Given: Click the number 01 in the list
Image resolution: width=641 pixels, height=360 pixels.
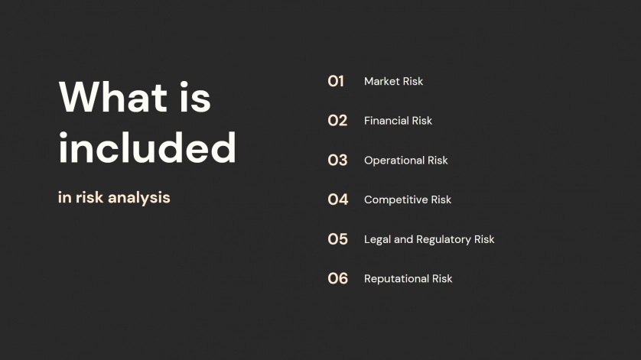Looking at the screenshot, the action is tap(336, 81).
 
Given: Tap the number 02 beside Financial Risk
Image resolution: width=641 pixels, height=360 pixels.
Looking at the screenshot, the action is tap(337, 121).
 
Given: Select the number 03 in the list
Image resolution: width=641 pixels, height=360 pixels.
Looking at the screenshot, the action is tap(337, 161).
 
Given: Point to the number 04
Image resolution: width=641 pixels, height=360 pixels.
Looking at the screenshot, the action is tap(337, 199).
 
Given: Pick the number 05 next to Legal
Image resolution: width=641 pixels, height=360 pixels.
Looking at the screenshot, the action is tap(337, 239).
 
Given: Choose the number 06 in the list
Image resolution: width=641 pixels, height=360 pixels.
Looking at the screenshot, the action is tap(337, 279).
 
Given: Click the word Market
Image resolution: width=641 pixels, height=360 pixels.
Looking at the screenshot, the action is tap(382, 81).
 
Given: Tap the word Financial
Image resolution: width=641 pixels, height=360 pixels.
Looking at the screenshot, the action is tap(386, 121).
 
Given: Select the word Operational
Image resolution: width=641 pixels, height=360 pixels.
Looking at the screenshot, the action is tap(394, 161).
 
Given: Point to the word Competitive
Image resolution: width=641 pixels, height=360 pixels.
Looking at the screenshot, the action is tap(395, 199).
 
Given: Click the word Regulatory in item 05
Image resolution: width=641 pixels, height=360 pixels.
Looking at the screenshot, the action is tap(443, 239).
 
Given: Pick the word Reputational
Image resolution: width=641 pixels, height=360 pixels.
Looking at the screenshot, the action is tap(396, 279).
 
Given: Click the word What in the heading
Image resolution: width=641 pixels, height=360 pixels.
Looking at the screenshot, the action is tap(113, 97).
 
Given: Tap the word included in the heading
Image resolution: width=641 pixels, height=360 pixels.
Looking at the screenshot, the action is tap(147, 148).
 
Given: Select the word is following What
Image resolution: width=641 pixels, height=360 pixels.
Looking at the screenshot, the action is tap(195, 97).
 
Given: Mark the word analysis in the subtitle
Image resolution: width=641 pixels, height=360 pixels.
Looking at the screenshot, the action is tap(139, 198).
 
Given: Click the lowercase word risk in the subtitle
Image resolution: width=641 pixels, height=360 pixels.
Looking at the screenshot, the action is tap(89, 197).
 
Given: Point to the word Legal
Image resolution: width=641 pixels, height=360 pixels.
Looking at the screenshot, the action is tap(377, 239).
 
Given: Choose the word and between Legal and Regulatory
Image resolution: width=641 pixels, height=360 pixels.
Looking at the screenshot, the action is tap(403, 239).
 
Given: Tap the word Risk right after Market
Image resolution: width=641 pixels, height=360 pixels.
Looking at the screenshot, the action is tap(413, 81).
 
